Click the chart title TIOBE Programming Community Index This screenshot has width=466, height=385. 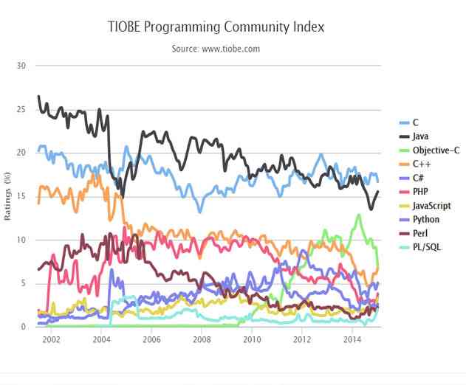pos(216,27)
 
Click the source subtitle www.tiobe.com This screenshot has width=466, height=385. pos(216,49)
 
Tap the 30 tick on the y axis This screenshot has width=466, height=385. pos(21,66)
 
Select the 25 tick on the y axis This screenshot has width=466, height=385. pos(21,109)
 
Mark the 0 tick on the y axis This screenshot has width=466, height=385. pos(23,327)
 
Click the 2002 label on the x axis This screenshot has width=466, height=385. pos(50,339)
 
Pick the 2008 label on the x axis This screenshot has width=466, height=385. pos(202,339)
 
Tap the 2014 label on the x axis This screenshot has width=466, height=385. pos(352,339)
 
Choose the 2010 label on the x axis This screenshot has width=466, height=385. pos(252,339)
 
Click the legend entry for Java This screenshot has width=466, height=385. pos(421,136)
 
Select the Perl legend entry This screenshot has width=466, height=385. pos(420,233)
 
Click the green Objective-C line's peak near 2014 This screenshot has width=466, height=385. pos(359,215)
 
